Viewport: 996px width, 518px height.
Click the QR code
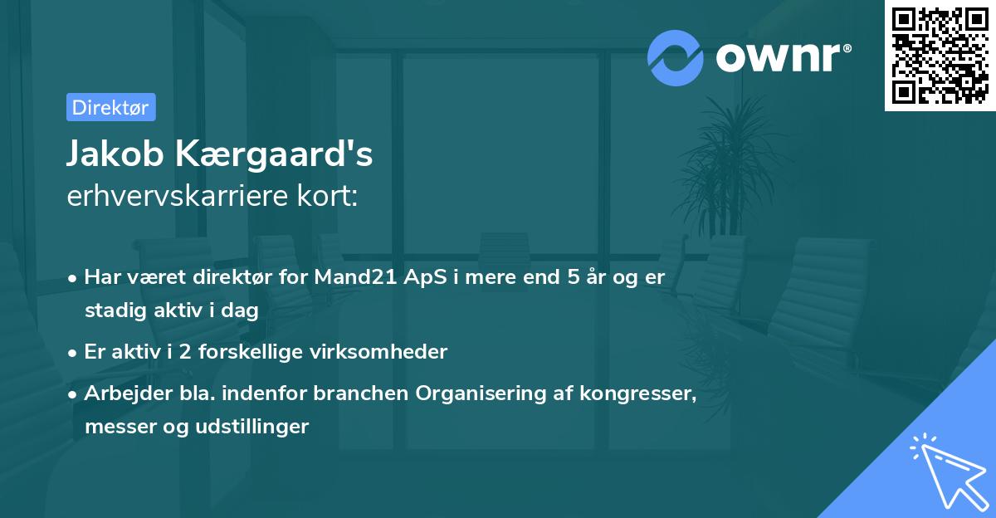pyautogui.click(x=940, y=56)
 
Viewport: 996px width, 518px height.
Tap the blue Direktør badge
pyautogui.click(x=110, y=107)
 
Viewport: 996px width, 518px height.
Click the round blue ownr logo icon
pyautogui.click(x=676, y=57)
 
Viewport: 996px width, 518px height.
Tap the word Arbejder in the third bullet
pyautogui.click(x=120, y=393)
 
